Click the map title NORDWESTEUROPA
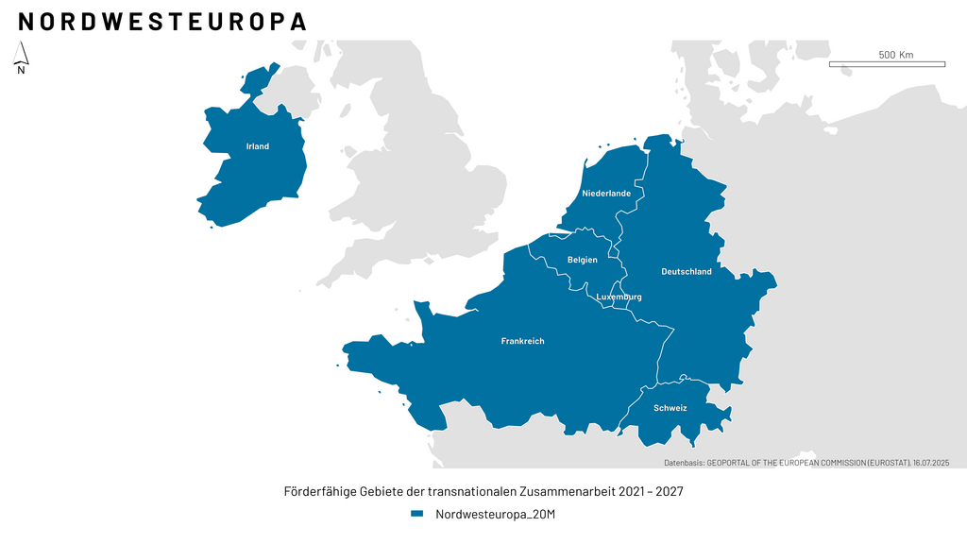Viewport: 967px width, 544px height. tap(162, 22)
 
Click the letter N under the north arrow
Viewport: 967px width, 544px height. tap(21, 70)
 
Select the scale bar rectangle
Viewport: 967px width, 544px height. tap(887, 64)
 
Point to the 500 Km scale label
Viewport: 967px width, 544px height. tap(895, 55)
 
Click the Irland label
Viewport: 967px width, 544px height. tap(258, 146)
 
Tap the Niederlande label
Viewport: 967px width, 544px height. tap(606, 194)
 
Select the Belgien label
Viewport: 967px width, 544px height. tap(582, 260)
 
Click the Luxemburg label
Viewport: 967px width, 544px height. tap(619, 297)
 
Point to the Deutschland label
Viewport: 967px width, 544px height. tap(687, 272)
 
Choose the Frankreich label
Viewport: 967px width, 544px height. tap(522, 341)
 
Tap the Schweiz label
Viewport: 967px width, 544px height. tap(670, 409)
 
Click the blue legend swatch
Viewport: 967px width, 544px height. tap(416, 515)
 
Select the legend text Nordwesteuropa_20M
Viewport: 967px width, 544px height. tap(494, 515)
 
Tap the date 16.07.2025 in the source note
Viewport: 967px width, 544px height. tap(931, 463)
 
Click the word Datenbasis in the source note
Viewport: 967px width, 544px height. tap(684, 463)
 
